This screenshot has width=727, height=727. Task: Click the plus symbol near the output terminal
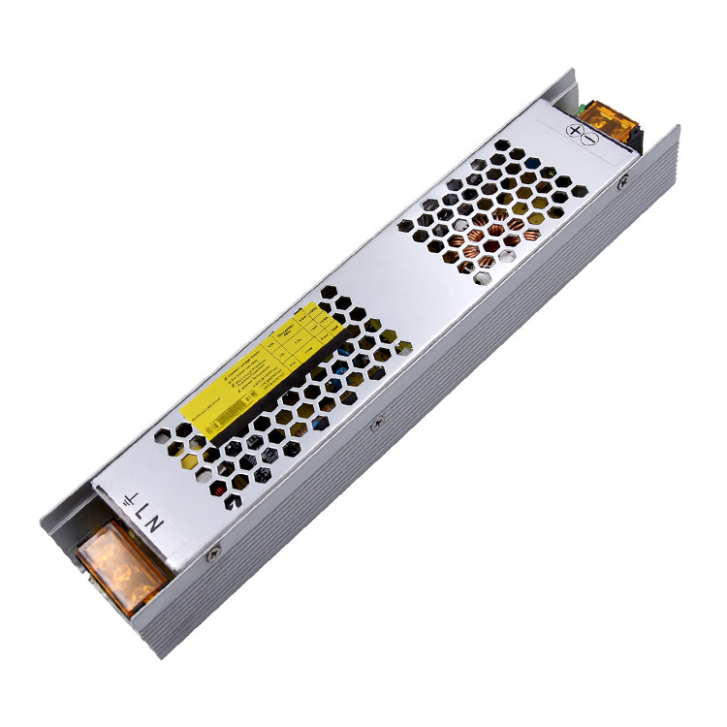tap(575, 130)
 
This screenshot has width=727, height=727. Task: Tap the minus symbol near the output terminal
tap(590, 138)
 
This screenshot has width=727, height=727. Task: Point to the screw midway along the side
tap(377, 422)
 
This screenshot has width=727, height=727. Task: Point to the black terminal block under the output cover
tap(635, 143)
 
